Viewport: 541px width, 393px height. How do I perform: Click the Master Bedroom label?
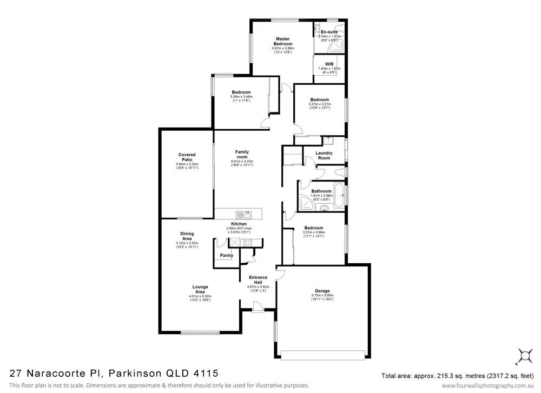pos(283,41)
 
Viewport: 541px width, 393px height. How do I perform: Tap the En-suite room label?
pos(329,32)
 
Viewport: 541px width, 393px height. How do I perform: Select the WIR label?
pos(328,64)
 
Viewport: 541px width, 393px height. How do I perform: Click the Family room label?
pos(242,155)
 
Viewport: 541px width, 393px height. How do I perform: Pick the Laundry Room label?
pos(324,156)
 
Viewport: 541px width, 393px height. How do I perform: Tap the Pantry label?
pos(226,256)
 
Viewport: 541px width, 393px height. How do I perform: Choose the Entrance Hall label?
pos(257,280)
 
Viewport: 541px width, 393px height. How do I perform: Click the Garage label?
pos(322,290)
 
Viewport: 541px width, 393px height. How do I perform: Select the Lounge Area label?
pos(200,289)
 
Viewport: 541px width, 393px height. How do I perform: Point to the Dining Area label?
pos(187,236)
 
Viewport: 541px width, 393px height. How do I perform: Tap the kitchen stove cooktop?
pos(249,243)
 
